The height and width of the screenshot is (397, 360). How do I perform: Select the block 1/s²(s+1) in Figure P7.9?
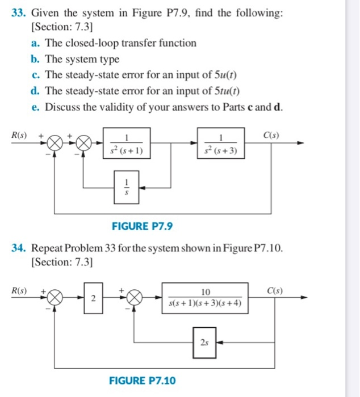pyautogui.click(x=126, y=143)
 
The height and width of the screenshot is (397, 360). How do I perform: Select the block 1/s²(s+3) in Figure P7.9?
pyautogui.click(x=220, y=143)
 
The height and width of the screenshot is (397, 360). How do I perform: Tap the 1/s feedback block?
pyautogui.click(x=126, y=185)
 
